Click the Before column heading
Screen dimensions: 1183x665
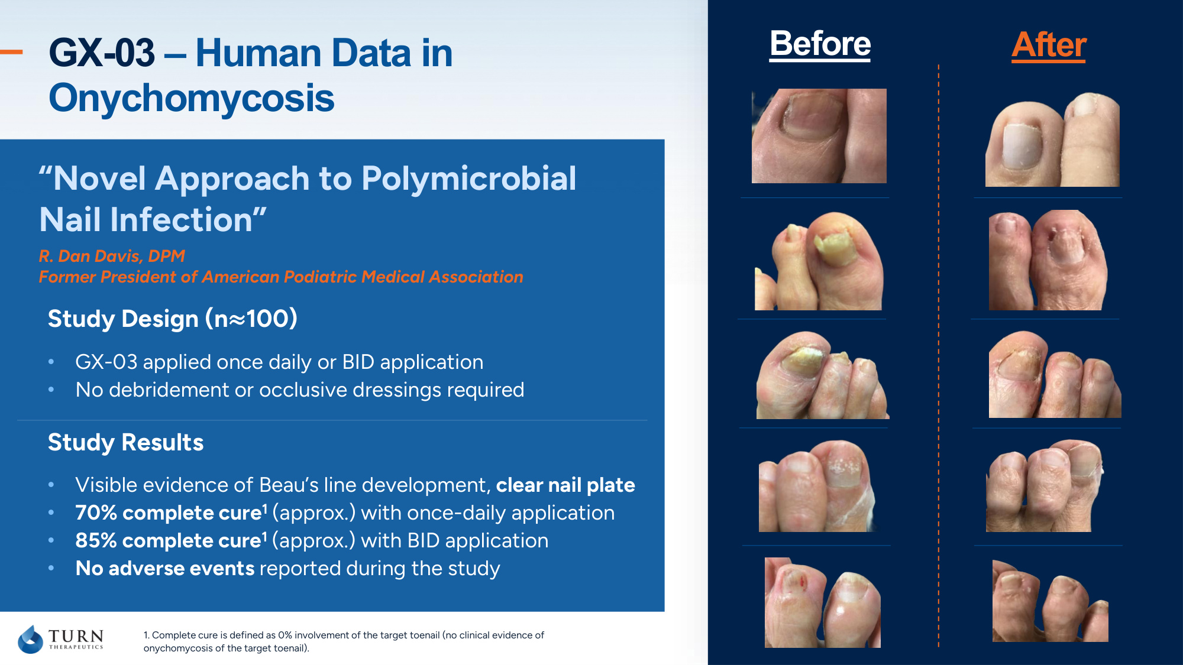click(820, 44)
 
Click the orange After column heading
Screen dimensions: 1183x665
click(1049, 45)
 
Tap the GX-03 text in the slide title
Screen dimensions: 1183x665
click(102, 53)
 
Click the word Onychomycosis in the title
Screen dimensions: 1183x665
click(192, 98)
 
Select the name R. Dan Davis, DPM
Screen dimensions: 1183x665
click(112, 256)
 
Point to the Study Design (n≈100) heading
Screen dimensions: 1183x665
click(173, 319)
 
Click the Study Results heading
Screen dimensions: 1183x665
click(126, 442)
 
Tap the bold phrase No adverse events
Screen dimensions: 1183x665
click(165, 568)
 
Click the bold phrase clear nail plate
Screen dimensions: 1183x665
click(565, 485)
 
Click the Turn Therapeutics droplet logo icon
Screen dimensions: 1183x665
click(30, 639)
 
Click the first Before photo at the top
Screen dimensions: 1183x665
click(819, 136)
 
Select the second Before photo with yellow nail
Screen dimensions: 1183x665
click(819, 261)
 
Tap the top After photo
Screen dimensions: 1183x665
click(1052, 139)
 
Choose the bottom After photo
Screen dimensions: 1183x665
click(1051, 601)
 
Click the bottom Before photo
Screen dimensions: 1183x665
click(823, 602)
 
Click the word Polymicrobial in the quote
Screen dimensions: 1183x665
click(468, 179)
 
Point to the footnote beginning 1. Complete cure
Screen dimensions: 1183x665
click(344, 641)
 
